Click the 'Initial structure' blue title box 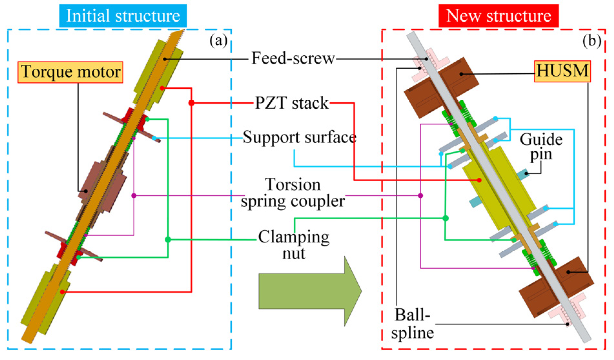click(123, 16)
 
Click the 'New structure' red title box click(498, 16)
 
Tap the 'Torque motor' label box click(70, 72)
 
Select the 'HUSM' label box click(562, 71)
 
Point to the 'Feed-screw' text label click(293, 58)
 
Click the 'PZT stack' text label click(292, 103)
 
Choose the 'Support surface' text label click(300, 137)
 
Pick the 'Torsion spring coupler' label click(293, 193)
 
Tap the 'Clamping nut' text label click(294, 245)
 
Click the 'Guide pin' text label click(541, 147)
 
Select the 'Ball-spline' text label click(413, 323)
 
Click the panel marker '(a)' click(219, 41)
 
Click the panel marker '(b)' click(592, 41)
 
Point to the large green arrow click(310, 291)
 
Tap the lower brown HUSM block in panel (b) click(556, 287)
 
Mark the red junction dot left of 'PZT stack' click(191, 103)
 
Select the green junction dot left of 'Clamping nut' click(168, 240)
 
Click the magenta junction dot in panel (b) click(420, 195)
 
